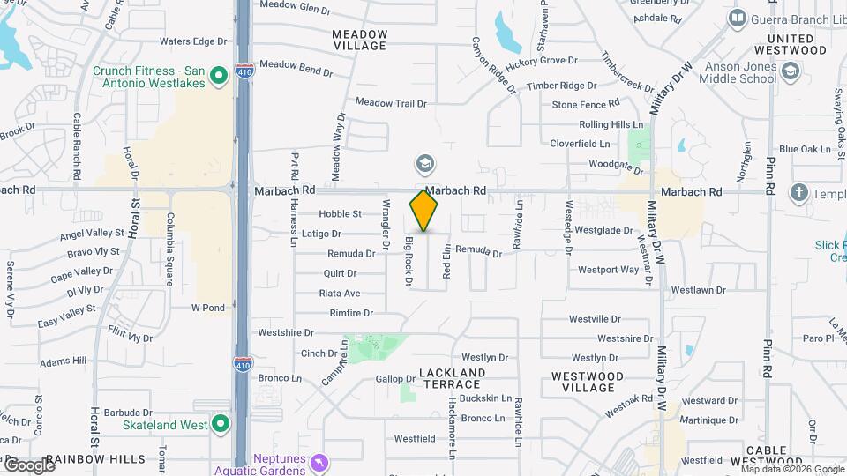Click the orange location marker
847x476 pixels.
point(424,211)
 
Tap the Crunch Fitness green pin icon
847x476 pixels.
point(219,77)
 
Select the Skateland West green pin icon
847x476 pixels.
point(220,425)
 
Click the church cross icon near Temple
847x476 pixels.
point(799,192)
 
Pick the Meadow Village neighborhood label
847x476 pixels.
point(360,40)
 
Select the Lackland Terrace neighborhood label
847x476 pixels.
point(452,379)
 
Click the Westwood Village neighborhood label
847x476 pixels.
point(588,382)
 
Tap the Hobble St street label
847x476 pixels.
point(341,214)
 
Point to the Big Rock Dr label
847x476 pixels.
point(409,261)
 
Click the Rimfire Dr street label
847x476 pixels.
point(351,313)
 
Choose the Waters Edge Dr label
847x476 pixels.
point(193,41)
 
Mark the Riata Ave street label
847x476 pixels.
point(340,294)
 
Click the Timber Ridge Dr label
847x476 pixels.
point(562,86)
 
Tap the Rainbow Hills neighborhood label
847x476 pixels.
point(95,459)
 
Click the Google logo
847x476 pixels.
point(29,465)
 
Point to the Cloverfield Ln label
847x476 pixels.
point(580,144)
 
